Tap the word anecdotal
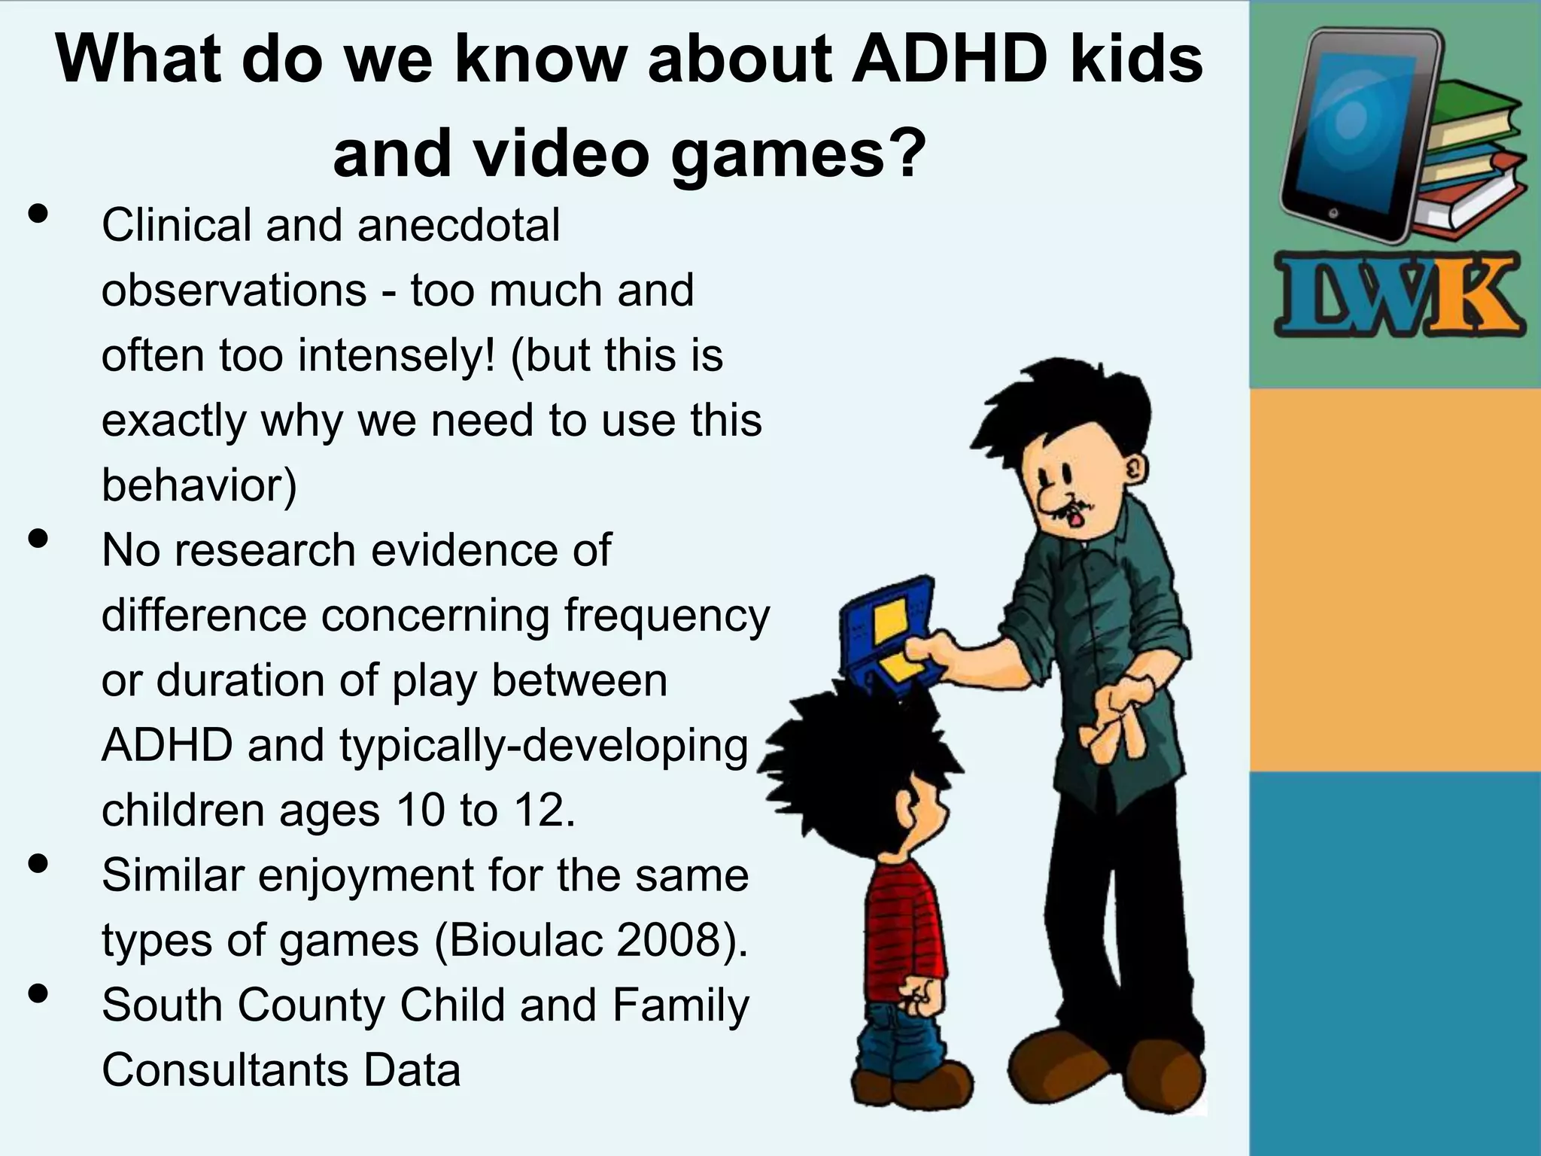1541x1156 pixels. (459, 225)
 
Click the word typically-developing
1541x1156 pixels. (543, 746)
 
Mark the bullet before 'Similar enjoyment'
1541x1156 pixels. (38, 864)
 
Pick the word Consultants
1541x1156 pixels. (225, 1070)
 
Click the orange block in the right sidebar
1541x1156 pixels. (1395, 580)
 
